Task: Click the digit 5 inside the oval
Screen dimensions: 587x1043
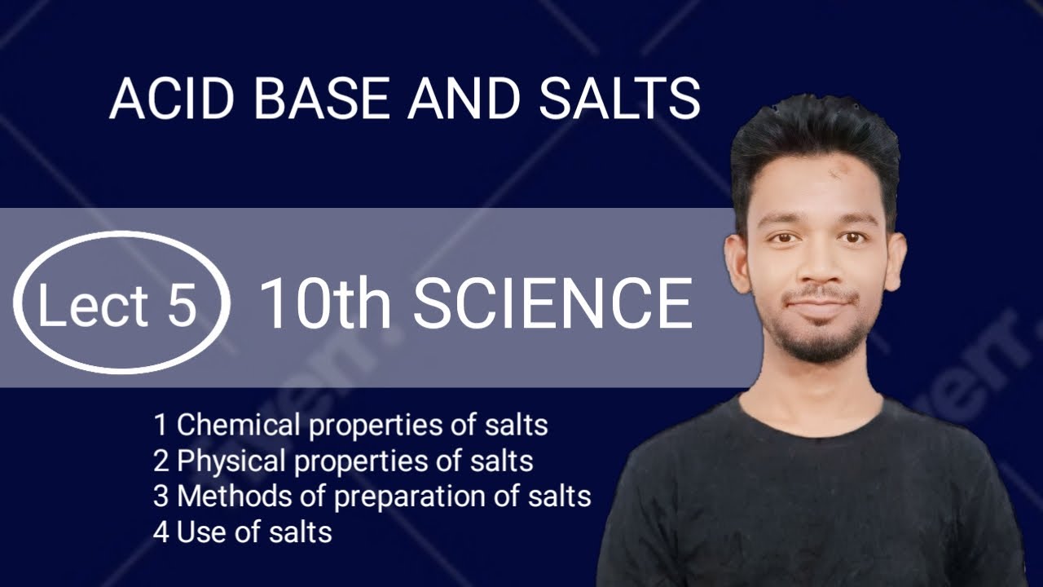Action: click(x=183, y=305)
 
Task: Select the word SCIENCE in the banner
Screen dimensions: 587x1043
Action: click(x=553, y=304)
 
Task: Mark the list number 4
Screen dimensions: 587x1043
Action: click(x=161, y=532)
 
